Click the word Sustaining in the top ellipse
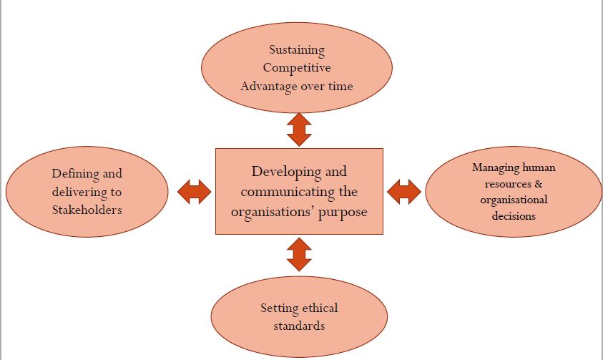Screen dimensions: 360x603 point(297,50)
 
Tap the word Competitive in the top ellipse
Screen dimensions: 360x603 point(297,68)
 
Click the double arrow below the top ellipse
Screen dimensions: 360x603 point(299,129)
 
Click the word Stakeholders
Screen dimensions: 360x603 point(87,210)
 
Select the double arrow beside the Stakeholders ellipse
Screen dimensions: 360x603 point(193,191)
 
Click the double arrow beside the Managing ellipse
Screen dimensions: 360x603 point(404,191)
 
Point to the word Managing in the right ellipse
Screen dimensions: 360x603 point(496,167)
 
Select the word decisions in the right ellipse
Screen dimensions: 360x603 point(514,215)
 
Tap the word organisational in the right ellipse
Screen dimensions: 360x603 point(514,200)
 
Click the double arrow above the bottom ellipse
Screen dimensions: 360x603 point(299,254)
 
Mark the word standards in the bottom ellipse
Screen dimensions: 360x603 point(299,326)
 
